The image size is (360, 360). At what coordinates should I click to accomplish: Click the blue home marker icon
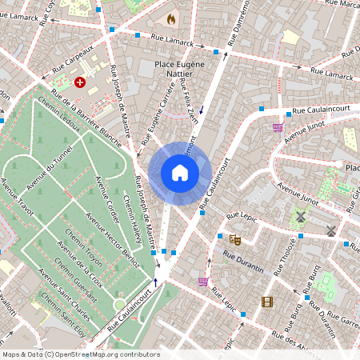180,173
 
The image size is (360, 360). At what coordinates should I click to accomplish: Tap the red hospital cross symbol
80,82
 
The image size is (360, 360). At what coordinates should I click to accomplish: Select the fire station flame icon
170,18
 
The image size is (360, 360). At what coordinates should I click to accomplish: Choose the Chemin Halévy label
132,216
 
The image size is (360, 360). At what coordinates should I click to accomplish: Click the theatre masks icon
235,239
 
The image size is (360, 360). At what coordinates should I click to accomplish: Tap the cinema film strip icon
267,302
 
